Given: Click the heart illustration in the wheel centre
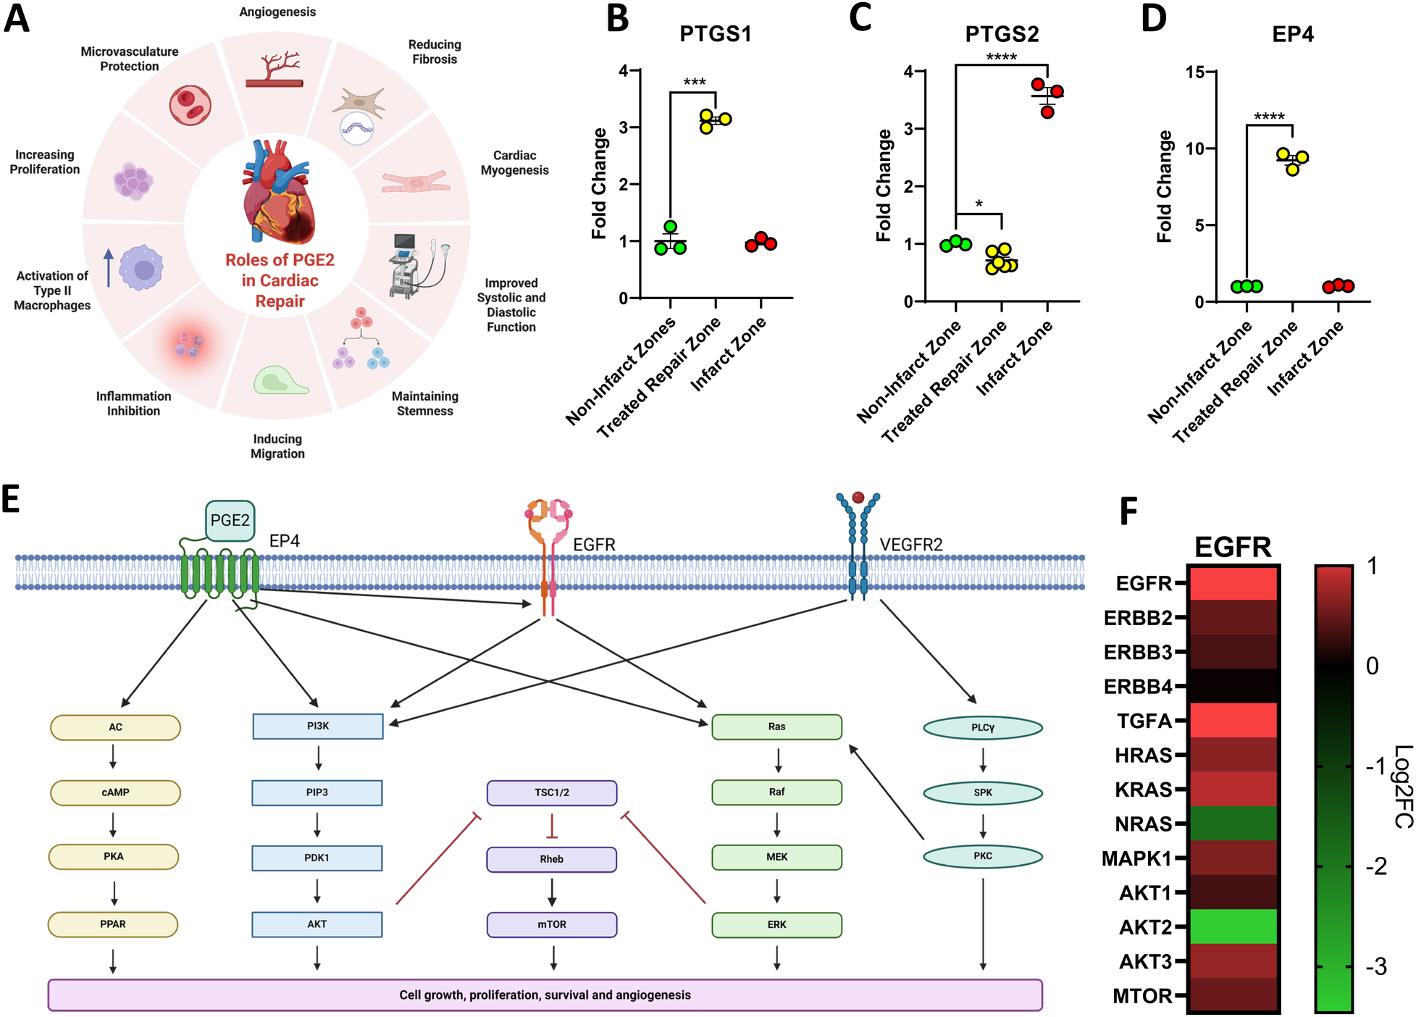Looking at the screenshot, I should click(x=279, y=192).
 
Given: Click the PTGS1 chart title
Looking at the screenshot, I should click(x=715, y=34).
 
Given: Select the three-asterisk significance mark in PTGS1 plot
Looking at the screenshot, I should click(x=694, y=82).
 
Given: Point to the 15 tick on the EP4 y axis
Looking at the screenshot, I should click(x=1195, y=72).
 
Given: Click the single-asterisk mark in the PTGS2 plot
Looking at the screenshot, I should click(x=979, y=204).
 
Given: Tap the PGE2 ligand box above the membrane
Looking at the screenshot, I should click(x=230, y=520).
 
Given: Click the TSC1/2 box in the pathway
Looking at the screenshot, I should click(x=551, y=792).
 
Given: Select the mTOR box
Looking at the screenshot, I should click(x=551, y=924).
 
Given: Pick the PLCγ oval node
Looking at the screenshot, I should click(x=982, y=727).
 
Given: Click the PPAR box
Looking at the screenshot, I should click(x=113, y=924).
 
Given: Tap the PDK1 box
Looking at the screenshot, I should click(x=317, y=858).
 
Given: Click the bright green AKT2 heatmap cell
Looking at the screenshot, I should click(x=1233, y=926).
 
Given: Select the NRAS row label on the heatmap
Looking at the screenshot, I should click(x=1143, y=824).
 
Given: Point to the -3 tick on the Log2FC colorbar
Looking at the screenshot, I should click(x=1375, y=966).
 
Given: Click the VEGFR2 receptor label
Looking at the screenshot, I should click(x=910, y=544).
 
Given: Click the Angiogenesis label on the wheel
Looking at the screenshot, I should click(x=277, y=12).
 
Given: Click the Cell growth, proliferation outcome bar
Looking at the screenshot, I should click(x=545, y=995).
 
